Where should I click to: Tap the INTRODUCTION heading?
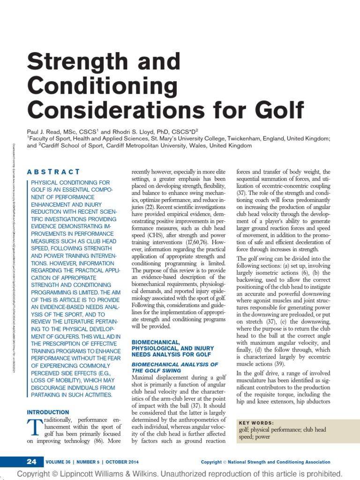coord(48,412)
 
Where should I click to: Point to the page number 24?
coord(31,462)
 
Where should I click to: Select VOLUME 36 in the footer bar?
coord(61,462)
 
